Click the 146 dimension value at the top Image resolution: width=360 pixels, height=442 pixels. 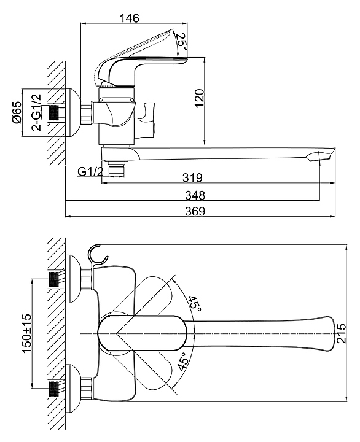click(130, 18)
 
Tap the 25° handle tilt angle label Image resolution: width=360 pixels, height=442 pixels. click(182, 42)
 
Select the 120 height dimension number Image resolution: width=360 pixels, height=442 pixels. click(199, 98)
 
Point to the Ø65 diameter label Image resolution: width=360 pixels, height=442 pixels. click(17, 112)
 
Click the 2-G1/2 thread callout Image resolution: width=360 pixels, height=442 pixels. click(36, 112)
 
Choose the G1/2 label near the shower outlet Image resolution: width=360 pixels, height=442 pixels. click(91, 171)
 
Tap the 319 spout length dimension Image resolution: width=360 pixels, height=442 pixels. click(192, 177)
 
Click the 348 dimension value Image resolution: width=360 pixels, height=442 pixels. click(195, 195)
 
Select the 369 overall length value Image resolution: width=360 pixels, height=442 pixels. click(195, 211)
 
